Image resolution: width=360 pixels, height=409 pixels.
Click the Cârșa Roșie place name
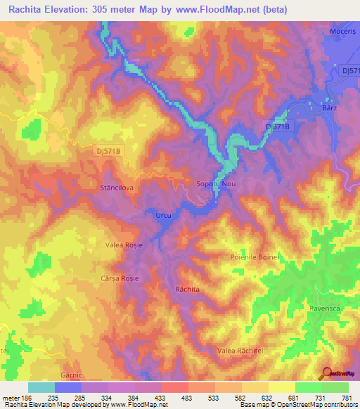pos(120,278)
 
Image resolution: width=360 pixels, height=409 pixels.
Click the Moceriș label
pos(342,32)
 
